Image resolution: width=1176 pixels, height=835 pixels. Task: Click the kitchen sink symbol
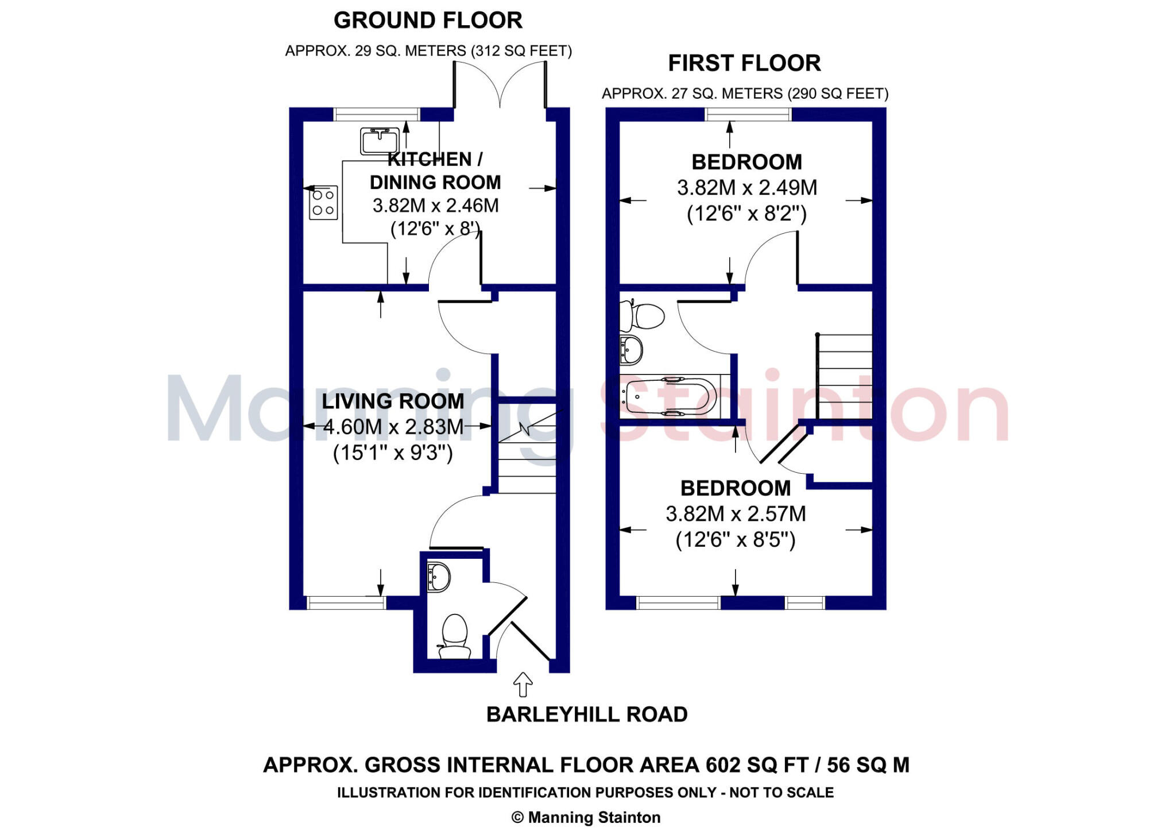coord(379,141)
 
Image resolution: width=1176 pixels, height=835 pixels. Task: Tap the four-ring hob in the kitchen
coord(323,203)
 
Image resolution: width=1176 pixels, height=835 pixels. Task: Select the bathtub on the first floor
coord(670,396)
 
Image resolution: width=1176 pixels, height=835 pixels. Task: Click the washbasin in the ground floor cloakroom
coord(439,577)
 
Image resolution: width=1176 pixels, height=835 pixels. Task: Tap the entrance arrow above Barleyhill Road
coord(523,684)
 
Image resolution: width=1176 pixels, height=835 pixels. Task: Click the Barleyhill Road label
coord(586,714)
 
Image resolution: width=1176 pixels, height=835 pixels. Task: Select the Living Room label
coord(393,401)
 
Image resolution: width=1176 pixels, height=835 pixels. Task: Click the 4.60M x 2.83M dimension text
coord(393,427)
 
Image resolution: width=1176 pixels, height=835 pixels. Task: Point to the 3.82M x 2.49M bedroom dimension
coord(746,188)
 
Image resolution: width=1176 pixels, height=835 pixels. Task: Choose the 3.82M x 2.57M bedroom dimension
coord(736,514)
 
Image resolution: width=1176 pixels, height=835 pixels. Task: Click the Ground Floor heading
coord(428,21)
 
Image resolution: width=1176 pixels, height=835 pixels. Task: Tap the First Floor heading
coord(744,63)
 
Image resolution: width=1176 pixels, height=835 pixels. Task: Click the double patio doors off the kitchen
coord(500,86)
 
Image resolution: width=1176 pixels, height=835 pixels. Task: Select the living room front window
coord(346,602)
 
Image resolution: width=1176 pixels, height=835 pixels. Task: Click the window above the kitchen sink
coord(377,114)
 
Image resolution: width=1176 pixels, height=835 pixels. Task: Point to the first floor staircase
coord(844,376)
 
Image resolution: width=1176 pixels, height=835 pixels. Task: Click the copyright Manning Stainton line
coord(586,817)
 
